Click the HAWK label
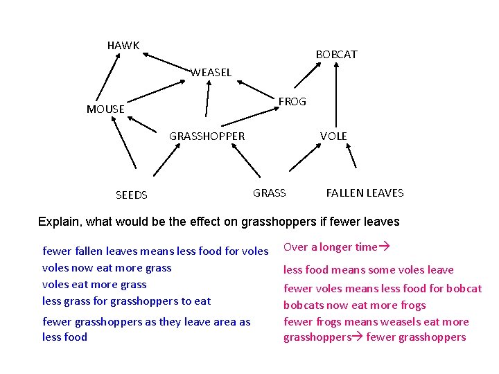click(123, 46)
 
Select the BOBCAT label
click(336, 54)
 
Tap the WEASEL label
click(211, 72)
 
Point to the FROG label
click(292, 102)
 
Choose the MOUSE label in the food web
click(105, 109)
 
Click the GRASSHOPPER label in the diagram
click(207, 136)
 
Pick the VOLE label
click(333, 136)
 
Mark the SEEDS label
click(131, 195)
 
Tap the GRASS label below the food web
click(269, 193)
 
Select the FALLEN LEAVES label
click(365, 193)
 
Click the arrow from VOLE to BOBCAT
click(336, 93)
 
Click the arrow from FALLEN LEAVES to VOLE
click(351, 157)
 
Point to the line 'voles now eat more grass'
click(107, 268)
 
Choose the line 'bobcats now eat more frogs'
click(354, 305)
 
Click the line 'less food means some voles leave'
click(368, 270)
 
